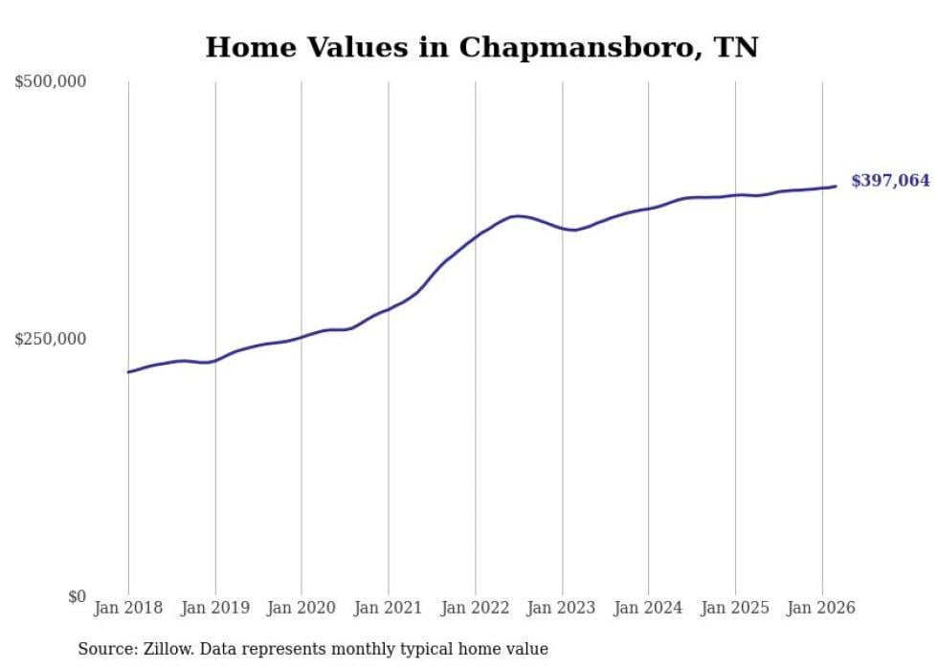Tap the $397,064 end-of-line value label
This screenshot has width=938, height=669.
(x=890, y=180)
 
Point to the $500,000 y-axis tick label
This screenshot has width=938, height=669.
(x=51, y=82)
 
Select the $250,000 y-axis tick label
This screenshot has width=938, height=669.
(x=51, y=339)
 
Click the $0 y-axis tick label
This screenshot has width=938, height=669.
(x=77, y=596)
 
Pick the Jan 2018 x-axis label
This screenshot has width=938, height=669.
(x=128, y=608)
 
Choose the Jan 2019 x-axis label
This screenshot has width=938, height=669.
(x=215, y=608)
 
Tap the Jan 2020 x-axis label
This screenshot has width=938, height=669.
(x=301, y=608)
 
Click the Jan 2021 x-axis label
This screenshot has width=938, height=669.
(x=389, y=608)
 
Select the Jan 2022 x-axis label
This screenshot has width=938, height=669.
(x=475, y=608)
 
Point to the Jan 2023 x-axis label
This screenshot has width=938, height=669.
(x=562, y=608)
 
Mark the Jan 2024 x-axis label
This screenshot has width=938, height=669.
(x=648, y=608)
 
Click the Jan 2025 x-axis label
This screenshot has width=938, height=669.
(x=735, y=608)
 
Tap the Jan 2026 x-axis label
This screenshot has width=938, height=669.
(x=821, y=608)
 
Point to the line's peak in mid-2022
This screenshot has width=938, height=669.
(x=518, y=216)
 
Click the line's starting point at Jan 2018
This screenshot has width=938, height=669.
(x=128, y=371)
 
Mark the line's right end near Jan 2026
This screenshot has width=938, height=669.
(x=836, y=186)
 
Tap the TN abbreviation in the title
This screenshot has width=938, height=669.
(x=737, y=48)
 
